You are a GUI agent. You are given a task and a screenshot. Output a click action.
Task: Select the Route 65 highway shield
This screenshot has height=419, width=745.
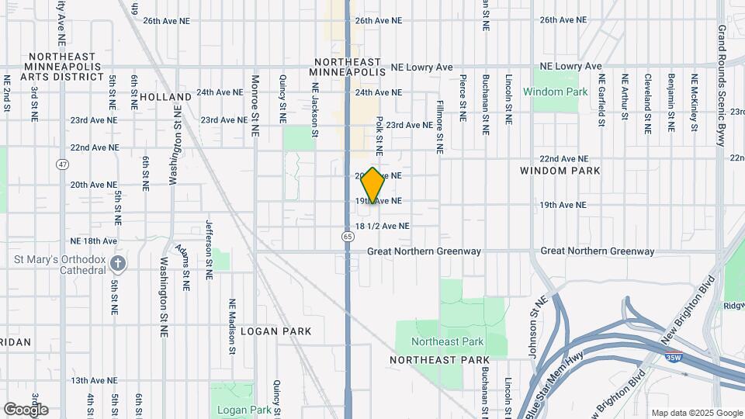pos(347,236)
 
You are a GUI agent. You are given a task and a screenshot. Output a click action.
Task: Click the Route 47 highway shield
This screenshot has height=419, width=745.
pos(62,164)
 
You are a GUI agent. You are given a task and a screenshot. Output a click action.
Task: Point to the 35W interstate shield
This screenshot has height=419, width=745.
pos(674,358)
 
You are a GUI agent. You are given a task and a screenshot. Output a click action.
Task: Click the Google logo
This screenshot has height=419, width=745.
pos(26,409)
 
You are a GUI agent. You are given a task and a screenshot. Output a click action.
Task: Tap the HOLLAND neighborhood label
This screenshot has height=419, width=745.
pos(166,97)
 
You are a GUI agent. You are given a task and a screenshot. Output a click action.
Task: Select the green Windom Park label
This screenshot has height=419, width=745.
pos(555,92)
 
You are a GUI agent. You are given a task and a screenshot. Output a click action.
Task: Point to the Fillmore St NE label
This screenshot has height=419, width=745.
pos(439,126)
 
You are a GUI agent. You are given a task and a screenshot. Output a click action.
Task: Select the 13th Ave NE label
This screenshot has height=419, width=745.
pos(94,381)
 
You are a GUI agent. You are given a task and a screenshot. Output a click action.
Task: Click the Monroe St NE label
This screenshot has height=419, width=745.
pos(255,106)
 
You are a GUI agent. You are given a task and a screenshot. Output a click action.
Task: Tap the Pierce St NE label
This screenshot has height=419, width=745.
pos(463,98)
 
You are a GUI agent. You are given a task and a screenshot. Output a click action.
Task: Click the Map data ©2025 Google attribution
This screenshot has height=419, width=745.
pos(697,413)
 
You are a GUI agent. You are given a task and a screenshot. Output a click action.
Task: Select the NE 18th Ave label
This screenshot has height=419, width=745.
pos(93,241)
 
